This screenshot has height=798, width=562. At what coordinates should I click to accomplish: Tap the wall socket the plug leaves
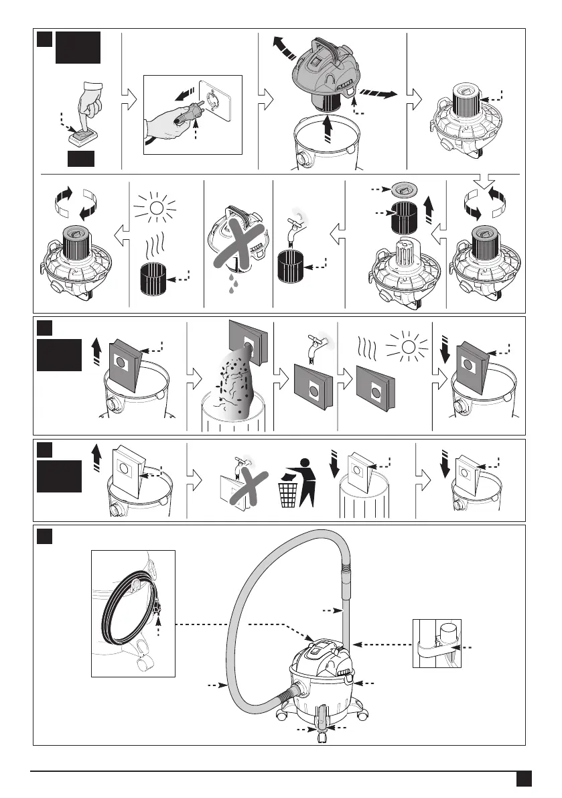click(216, 102)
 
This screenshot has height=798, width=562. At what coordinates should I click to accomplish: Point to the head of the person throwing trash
click(307, 462)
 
